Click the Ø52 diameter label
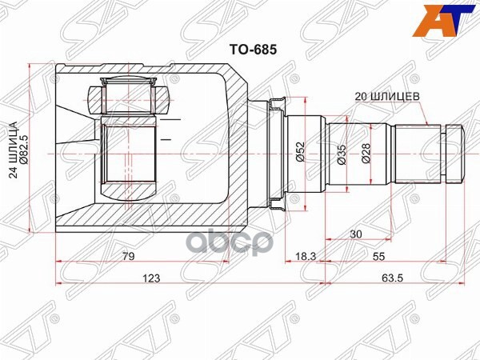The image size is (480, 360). tap(298, 152)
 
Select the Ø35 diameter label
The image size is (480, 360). tap(342, 152)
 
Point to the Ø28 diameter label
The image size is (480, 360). tap(365, 152)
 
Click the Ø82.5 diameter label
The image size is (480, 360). tap(24, 152)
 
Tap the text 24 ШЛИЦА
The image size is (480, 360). tap(11, 152)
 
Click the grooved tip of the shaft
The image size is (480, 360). tap(454, 151)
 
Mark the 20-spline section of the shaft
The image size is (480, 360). tap(417, 151)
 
